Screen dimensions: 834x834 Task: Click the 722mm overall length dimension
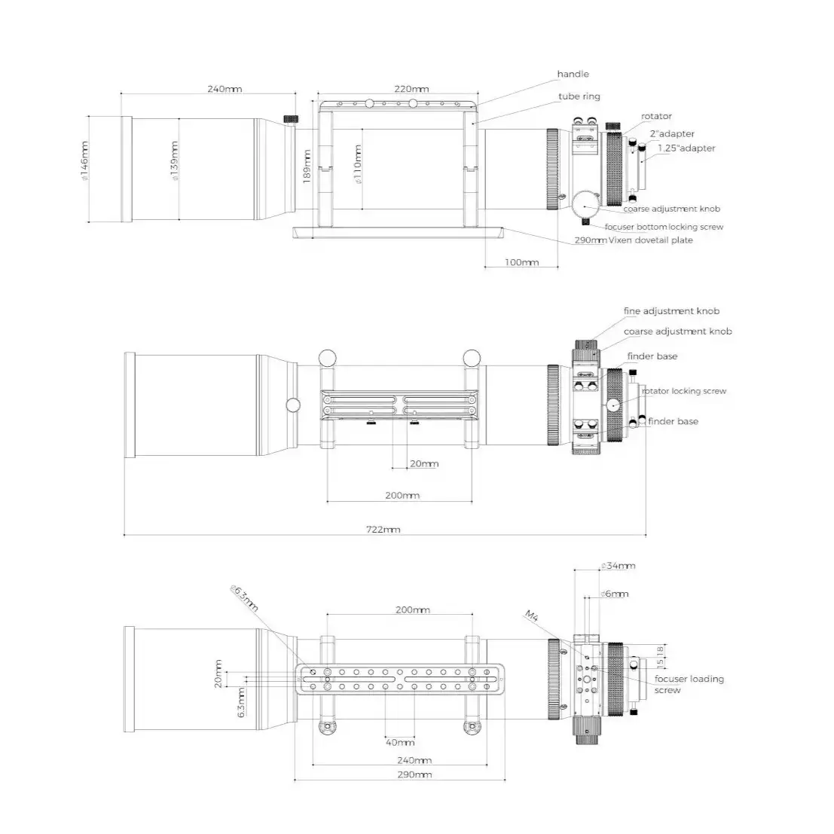[x=383, y=529]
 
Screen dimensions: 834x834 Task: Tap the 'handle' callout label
[x=573, y=74]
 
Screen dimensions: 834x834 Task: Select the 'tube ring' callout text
[x=579, y=96]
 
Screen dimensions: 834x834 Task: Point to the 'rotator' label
[x=656, y=116]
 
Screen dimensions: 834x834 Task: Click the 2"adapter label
[x=672, y=133]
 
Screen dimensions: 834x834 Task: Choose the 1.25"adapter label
[x=686, y=148]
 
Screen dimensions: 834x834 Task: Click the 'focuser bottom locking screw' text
[x=664, y=227]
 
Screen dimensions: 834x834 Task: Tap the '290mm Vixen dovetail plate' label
[x=634, y=240]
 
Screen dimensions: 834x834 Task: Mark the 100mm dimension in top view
[x=521, y=262]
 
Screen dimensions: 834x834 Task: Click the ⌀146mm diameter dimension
[x=84, y=161]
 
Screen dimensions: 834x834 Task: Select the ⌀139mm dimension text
[x=175, y=160]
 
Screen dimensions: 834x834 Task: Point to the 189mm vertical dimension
[x=307, y=166]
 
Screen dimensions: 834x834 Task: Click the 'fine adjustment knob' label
[x=671, y=310]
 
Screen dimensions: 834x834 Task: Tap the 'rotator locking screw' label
[x=684, y=391]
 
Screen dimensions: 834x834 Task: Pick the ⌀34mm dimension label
[x=618, y=565]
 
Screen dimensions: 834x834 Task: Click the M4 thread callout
[x=532, y=616]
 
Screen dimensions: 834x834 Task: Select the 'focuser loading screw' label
[x=689, y=684]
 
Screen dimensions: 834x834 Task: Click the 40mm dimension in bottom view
[x=399, y=742]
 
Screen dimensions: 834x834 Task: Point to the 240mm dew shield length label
[x=225, y=89]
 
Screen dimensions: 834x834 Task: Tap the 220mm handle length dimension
[x=411, y=89]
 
